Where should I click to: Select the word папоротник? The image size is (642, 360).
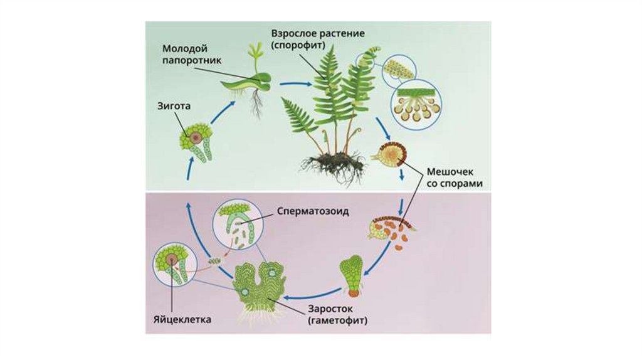point(189,60)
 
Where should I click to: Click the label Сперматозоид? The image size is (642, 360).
point(313,211)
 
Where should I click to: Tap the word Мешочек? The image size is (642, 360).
point(454,171)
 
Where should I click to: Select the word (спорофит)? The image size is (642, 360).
point(298,46)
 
